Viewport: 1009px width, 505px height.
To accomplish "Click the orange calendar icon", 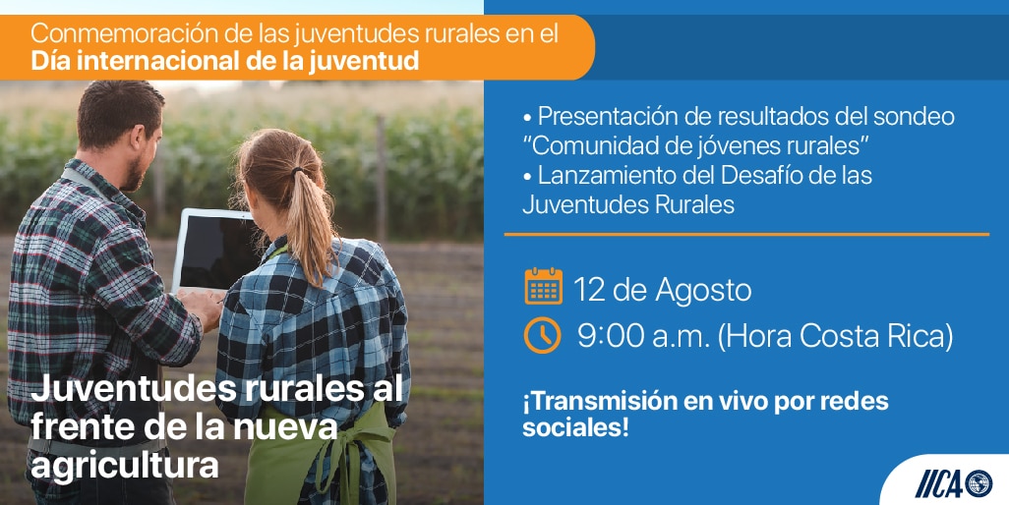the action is pyautogui.click(x=543, y=287).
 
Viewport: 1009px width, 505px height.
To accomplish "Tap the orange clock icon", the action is pyautogui.click(x=542, y=335).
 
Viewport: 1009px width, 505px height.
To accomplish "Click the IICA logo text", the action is pyautogui.click(x=939, y=483).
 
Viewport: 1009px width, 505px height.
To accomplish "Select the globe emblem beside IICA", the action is pyautogui.click(x=979, y=483).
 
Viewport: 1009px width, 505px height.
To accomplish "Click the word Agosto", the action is pyautogui.click(x=703, y=291).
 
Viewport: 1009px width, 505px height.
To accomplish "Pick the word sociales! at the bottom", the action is pyautogui.click(x=574, y=428).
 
